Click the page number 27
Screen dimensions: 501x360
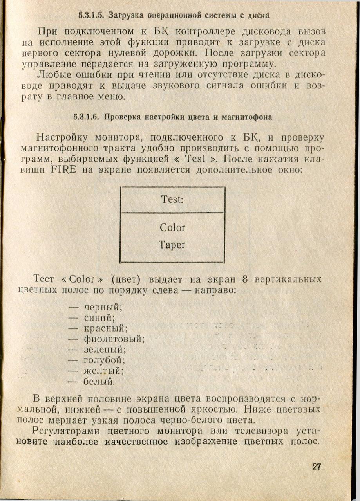[317, 467]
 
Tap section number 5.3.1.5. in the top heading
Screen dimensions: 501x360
[90, 16]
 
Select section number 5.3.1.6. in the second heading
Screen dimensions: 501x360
[87, 117]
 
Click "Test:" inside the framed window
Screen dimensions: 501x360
[172, 199]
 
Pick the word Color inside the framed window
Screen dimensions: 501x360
[172, 227]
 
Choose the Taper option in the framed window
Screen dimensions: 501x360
[172, 245]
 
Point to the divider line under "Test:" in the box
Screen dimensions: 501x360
[172, 213]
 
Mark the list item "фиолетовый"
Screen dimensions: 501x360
[114, 339]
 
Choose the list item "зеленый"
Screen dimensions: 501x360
[105, 350]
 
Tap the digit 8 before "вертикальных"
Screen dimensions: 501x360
[245, 280]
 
